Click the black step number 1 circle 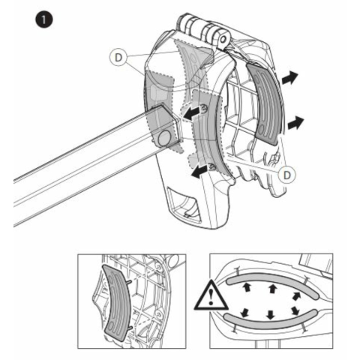pos(44,19)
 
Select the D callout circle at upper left pos(118,58)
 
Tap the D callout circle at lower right pos(287,175)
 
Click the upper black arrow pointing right pos(289,77)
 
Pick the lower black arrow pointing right pos(295,123)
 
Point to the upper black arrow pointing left pos(192,112)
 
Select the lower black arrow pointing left pos(199,172)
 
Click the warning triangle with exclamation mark pos(211,295)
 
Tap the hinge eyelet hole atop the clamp pos(223,39)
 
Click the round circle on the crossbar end pos(164,138)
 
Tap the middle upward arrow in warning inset pos(272,289)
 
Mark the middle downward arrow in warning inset pos(270,314)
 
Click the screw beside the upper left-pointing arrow pos(204,108)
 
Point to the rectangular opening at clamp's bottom pos(184,204)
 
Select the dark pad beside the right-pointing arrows pos(265,103)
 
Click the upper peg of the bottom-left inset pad pos(129,282)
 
